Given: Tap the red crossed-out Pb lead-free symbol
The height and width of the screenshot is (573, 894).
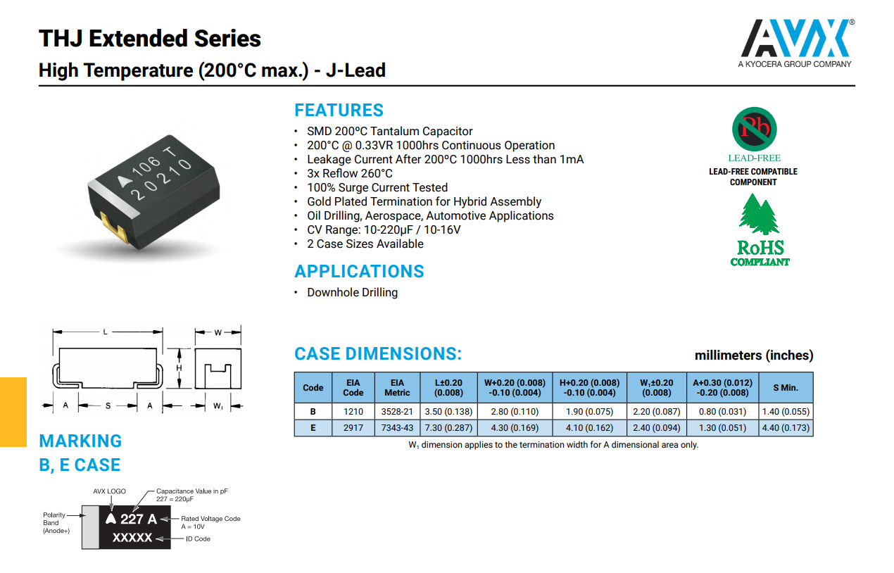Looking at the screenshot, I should coord(754,128).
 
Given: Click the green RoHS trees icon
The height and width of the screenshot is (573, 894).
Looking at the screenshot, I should coord(759,215).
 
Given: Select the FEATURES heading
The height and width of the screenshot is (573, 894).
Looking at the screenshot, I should coord(339,111).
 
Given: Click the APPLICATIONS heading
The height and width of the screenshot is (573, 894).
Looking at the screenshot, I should coord(359,272).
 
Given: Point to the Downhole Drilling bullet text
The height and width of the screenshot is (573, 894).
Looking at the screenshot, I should coord(352,293).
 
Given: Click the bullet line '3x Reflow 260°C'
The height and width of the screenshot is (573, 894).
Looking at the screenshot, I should coord(350,174).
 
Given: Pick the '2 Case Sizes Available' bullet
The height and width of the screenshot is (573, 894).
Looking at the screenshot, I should coord(365,244).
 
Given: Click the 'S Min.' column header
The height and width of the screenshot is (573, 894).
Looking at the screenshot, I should coord(786,388).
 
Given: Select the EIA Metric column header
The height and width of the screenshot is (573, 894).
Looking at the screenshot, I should coord(397,388).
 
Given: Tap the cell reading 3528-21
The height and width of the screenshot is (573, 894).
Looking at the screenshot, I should coord(397,411).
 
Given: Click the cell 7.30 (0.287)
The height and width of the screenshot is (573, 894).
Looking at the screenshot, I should coord(448,428).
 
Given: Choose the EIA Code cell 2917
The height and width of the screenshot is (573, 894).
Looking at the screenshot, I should coord(353,428).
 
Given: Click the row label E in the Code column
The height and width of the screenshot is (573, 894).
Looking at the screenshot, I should coord(313,428).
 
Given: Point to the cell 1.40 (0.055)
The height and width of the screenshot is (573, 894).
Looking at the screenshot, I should coord(786,411).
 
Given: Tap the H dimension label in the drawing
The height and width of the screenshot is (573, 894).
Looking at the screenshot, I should coord(180,368).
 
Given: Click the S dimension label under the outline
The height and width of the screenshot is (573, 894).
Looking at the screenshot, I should coord(108,406).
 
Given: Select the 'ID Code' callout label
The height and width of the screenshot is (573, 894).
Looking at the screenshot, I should coord(198,539).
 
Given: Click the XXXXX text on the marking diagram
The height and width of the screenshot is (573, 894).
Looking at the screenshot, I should coord(132,538).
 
